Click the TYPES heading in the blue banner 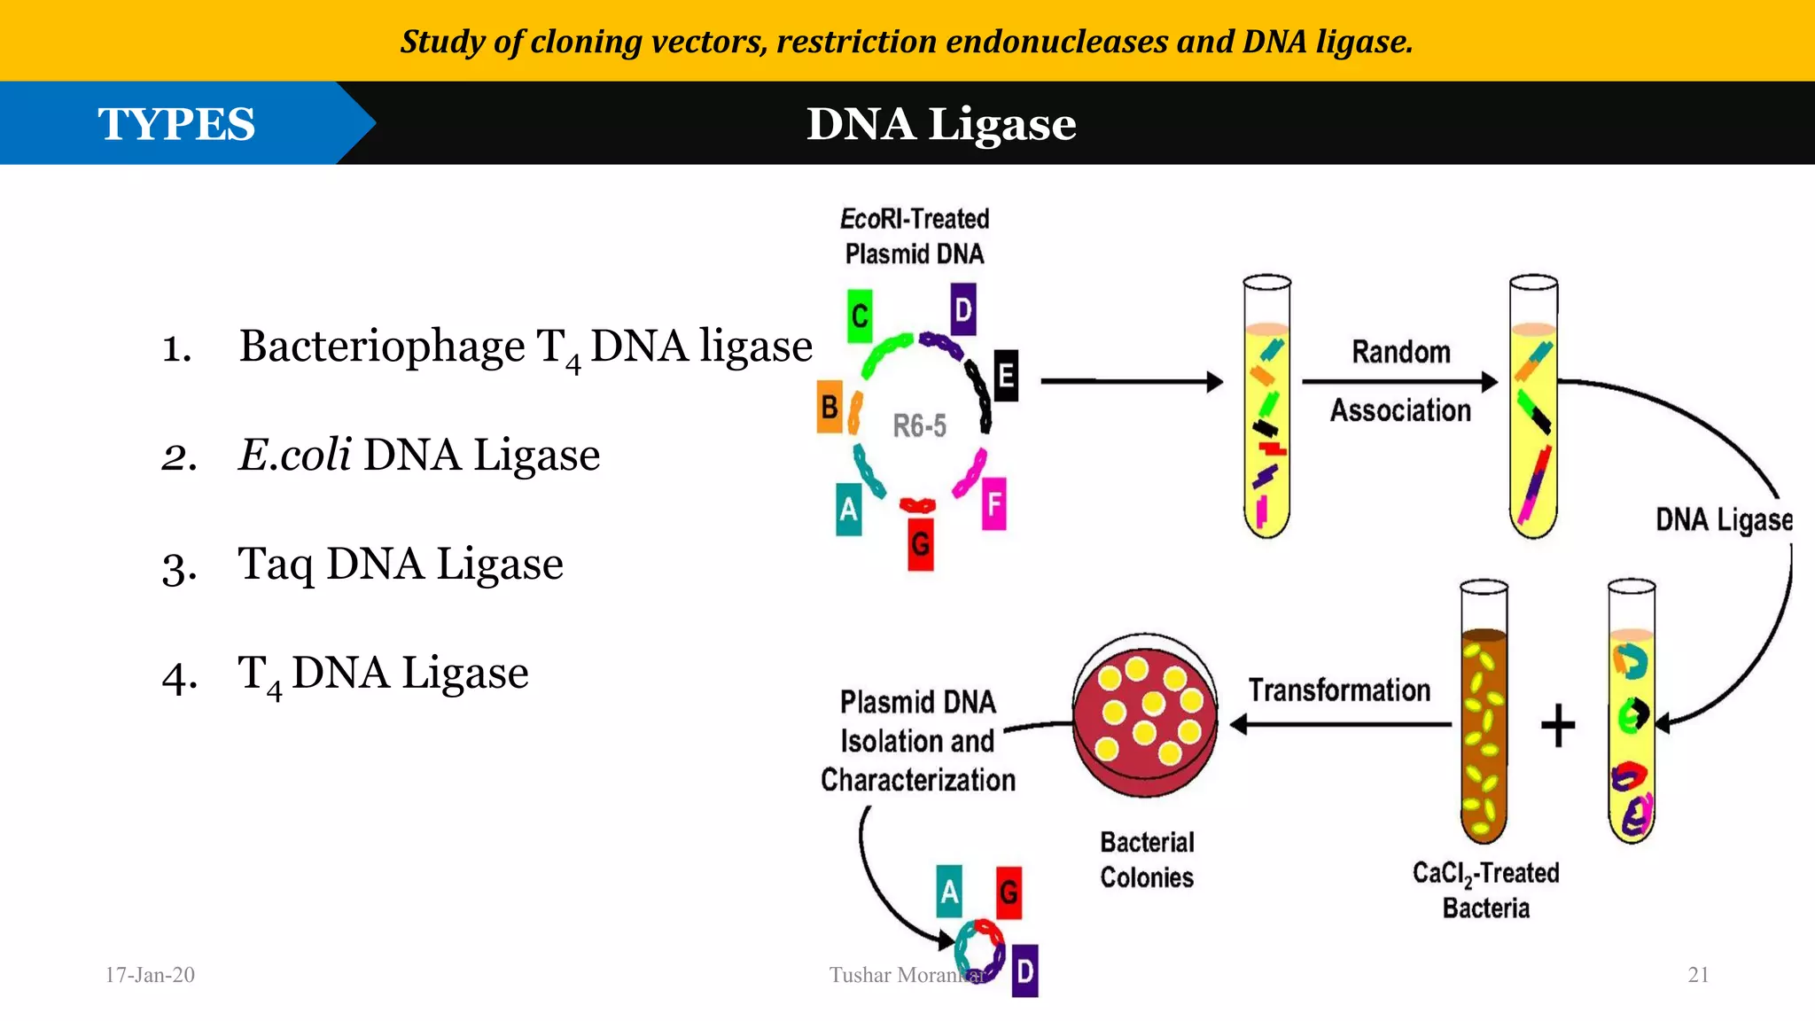click(x=176, y=124)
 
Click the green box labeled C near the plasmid click(x=859, y=316)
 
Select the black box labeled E click(x=1006, y=376)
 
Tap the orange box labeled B click(x=830, y=407)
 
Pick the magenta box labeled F click(x=993, y=504)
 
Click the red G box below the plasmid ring click(x=921, y=544)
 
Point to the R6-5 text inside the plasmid click(x=919, y=426)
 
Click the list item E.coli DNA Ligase click(x=419, y=455)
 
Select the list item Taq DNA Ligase click(x=400, y=564)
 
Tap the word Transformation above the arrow click(x=1339, y=690)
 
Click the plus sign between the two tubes click(x=1558, y=726)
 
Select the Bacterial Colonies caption click(x=1147, y=860)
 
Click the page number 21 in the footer click(x=1697, y=975)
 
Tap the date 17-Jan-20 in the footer click(x=150, y=975)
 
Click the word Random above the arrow click(x=1400, y=352)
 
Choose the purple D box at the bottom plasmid click(x=1024, y=971)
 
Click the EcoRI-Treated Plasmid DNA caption click(x=914, y=236)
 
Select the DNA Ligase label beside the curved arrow click(x=1723, y=519)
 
